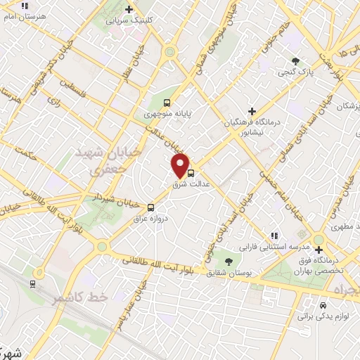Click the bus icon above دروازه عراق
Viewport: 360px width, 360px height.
[151, 207]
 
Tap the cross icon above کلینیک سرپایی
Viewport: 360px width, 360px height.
[129, 9]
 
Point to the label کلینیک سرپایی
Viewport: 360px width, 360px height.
[129, 20]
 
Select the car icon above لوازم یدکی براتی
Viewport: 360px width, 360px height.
[322, 306]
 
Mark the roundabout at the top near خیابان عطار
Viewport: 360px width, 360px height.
[169, 51]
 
